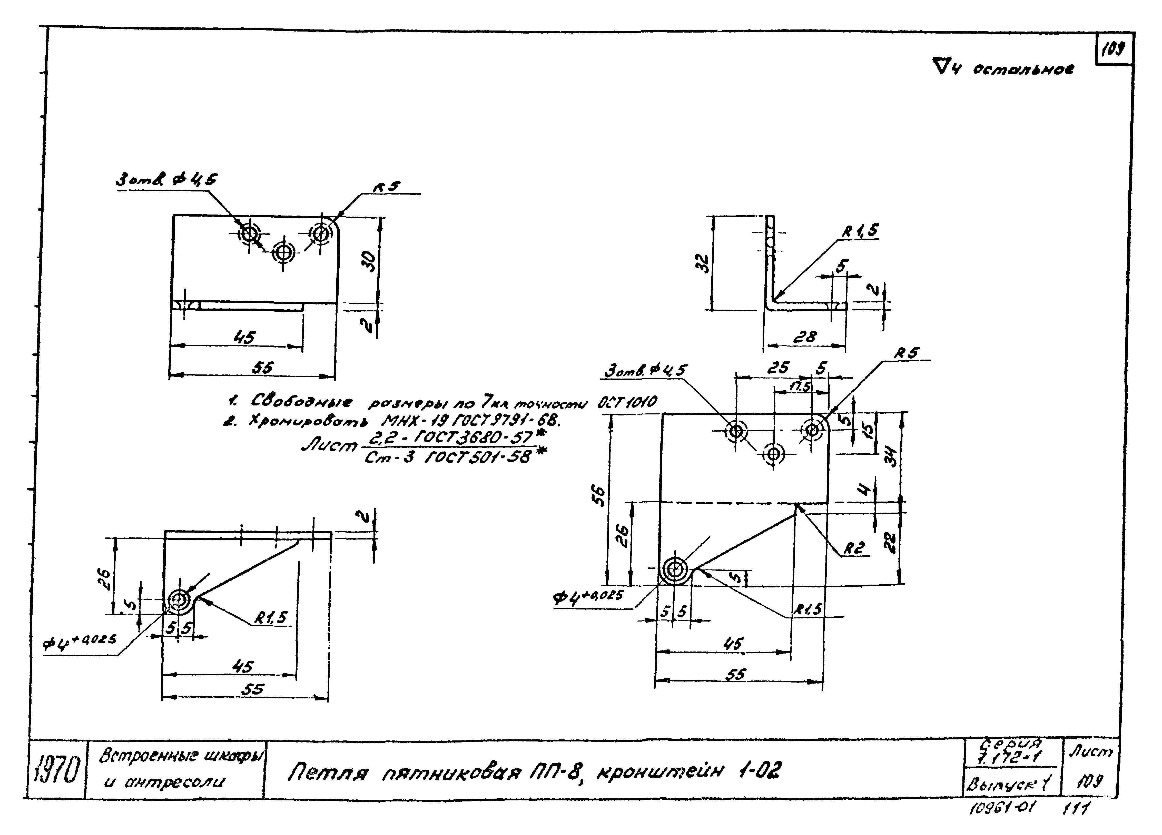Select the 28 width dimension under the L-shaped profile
[x=804, y=337]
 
